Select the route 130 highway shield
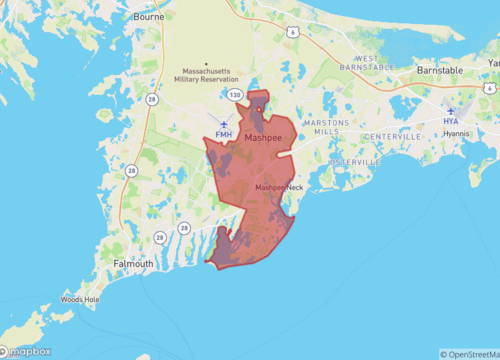pyautogui.click(x=234, y=94)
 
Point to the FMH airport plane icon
pyautogui.click(x=224, y=124)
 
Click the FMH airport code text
pyautogui.click(x=224, y=135)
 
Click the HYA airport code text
pyautogui.click(x=451, y=121)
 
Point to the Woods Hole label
pyautogui.click(x=79, y=299)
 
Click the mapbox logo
pyautogui.click(x=26, y=351)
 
